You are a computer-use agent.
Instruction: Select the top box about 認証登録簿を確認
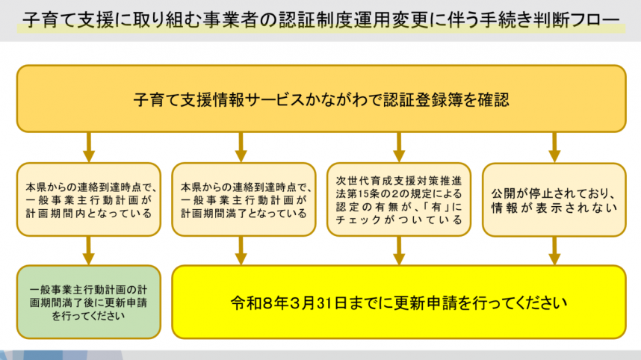point(321,98)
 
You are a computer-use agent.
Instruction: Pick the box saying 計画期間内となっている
point(88,199)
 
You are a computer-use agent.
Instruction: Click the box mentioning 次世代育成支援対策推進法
point(399,199)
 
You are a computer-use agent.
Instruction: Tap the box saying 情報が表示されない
point(554,199)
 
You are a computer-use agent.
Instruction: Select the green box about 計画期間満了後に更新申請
point(88,302)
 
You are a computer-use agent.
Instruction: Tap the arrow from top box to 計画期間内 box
point(88,147)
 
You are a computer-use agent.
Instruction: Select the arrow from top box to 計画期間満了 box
point(241,147)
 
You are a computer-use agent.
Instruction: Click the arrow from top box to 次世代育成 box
point(399,147)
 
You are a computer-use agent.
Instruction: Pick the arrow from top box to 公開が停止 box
point(554,147)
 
